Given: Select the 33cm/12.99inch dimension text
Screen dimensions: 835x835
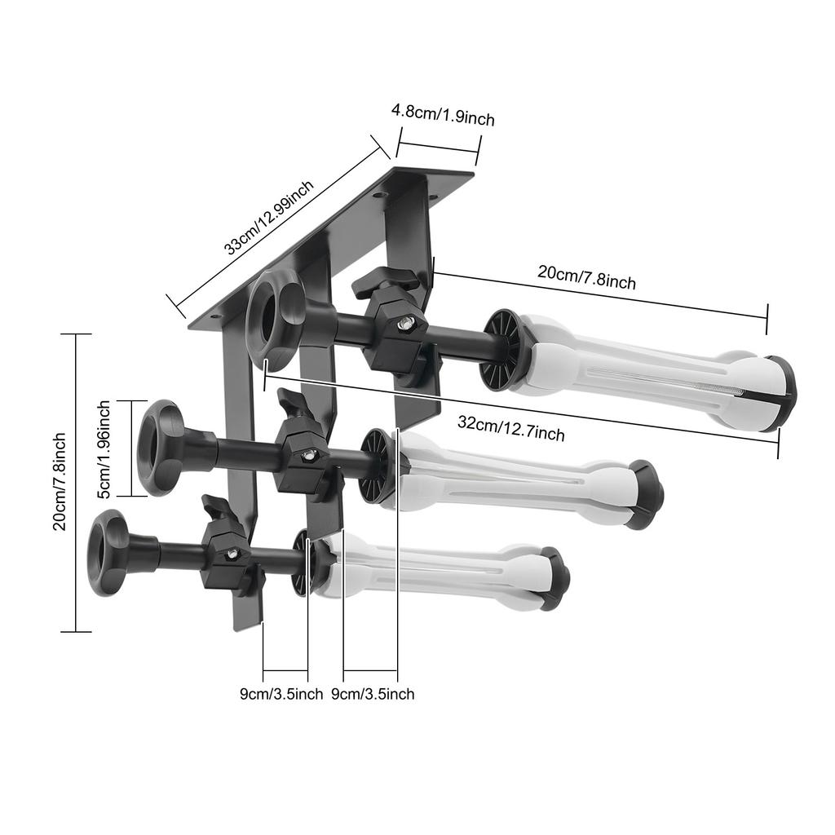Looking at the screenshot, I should coord(269,218).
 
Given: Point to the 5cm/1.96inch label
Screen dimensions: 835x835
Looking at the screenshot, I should coord(104,448).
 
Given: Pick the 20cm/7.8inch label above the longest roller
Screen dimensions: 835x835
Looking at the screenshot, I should coord(586,277).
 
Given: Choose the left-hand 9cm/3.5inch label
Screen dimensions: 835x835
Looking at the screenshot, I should coord(281,694).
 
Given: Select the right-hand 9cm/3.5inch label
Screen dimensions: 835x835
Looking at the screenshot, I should coord(373,694).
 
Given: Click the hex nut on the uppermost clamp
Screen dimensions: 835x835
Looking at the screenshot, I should coord(403,325).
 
